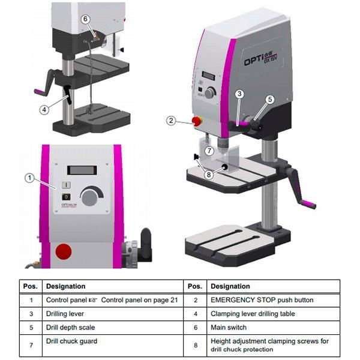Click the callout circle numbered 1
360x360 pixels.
(x=28, y=177)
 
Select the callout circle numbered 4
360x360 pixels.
(x=44, y=109)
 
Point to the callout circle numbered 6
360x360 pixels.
(x=86, y=19)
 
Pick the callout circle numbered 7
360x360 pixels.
(x=208, y=150)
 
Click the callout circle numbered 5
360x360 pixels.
(x=270, y=100)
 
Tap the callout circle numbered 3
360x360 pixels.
(x=239, y=94)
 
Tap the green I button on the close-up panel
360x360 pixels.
(x=66, y=185)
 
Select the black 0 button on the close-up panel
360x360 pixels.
(x=66, y=197)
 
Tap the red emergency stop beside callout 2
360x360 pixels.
(x=196, y=121)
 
